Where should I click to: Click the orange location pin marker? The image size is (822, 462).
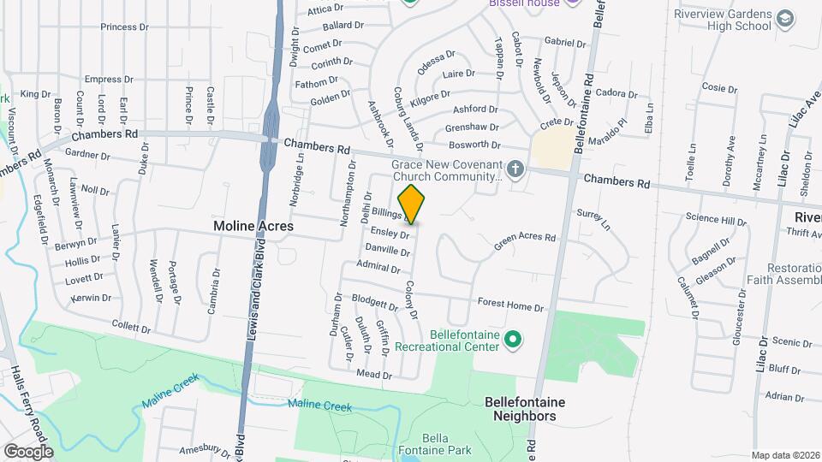412,204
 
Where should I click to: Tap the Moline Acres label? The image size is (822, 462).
253,226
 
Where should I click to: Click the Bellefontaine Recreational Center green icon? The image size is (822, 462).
512,341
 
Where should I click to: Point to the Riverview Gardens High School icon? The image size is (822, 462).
784,19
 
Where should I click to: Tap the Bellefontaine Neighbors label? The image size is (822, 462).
520,408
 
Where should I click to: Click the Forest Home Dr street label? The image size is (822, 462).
510,305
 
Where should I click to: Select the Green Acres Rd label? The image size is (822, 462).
524,243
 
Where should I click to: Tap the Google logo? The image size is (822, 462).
28,451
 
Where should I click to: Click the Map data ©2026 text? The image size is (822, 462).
785,455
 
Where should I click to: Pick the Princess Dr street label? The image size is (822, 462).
124,27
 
